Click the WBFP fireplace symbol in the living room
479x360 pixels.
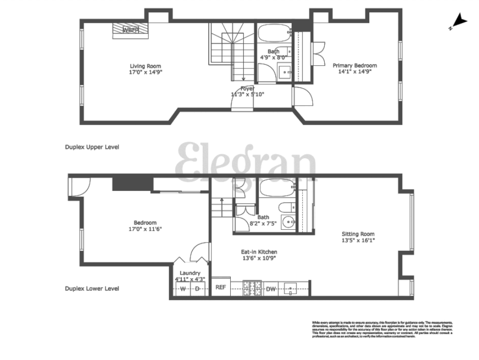point(131,30)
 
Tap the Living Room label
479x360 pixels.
point(145,66)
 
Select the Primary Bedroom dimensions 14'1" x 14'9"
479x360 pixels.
point(354,72)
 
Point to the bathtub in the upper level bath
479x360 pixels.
point(273,35)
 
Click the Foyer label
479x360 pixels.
point(247,88)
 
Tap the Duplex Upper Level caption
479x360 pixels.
point(91,147)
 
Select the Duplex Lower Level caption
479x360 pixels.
point(92,289)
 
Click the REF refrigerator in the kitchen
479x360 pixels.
point(221,287)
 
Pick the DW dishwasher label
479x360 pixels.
point(271,290)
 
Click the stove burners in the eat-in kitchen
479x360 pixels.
point(252,289)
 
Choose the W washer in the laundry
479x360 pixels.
point(182,289)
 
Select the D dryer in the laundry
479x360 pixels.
point(198,289)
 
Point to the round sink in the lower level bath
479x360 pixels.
point(290,222)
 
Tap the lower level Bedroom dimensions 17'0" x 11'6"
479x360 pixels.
point(145,229)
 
